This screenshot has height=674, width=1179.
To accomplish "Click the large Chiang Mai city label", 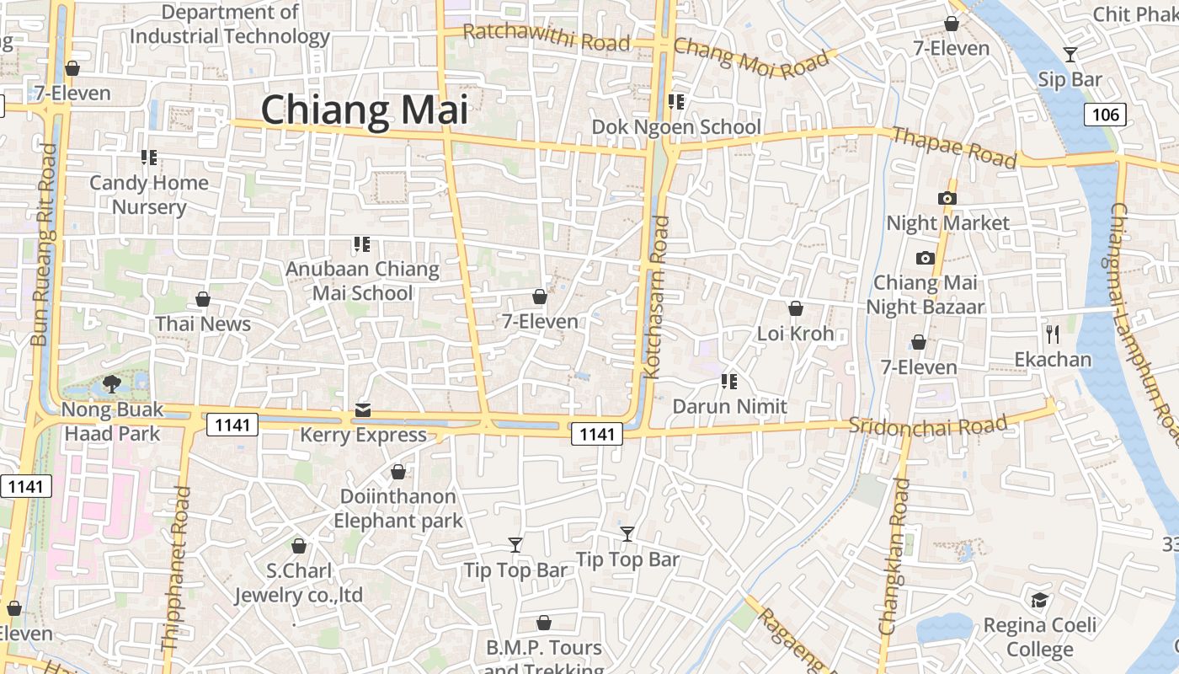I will (364, 110).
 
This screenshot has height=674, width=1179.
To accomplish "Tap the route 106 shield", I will (1105, 115).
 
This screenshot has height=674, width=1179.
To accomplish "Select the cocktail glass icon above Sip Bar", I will (1070, 55).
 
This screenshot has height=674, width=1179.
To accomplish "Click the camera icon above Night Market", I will (947, 198).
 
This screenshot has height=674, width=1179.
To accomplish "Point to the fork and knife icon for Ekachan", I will (1053, 334).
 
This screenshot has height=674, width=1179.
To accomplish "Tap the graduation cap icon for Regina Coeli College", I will (1040, 600).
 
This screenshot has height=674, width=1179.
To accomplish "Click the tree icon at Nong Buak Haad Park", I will (111, 384).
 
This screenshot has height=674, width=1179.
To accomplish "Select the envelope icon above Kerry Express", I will (363, 409).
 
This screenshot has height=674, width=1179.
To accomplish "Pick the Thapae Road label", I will (954, 147).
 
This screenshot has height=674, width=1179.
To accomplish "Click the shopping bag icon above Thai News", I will (203, 299).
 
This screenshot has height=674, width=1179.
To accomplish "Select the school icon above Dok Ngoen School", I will (675, 102).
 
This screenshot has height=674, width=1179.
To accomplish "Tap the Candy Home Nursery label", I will (149, 195).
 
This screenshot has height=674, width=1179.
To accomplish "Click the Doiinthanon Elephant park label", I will (398, 508).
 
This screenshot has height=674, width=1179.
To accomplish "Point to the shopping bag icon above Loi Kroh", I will (795, 308).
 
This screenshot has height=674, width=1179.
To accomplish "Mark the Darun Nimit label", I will (729, 406).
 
